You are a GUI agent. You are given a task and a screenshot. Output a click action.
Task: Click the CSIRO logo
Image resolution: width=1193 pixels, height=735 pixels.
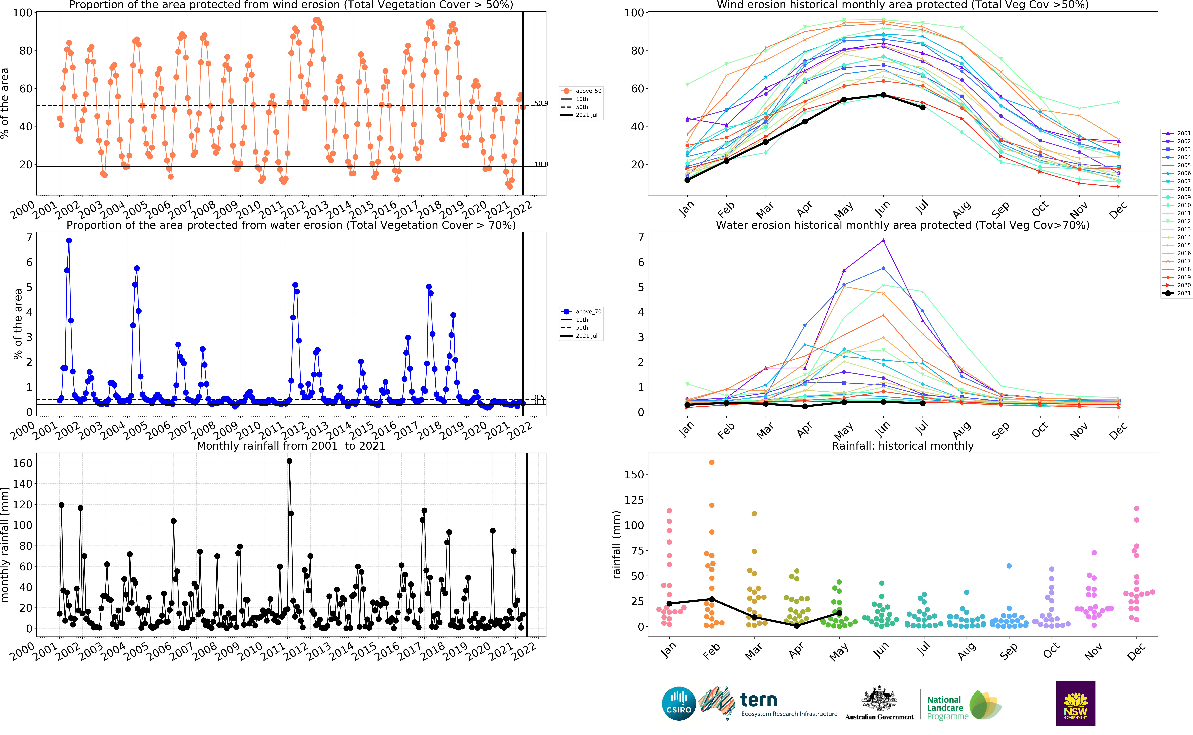pyautogui.click(x=679, y=703)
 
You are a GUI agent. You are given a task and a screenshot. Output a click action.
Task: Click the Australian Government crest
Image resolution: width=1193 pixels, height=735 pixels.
pyautogui.click(x=879, y=699)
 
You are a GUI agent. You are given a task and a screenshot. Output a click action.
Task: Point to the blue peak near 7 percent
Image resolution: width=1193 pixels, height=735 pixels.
pyautogui.click(x=69, y=241)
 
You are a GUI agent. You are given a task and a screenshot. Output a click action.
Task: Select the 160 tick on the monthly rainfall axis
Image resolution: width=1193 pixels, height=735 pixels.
pyautogui.click(x=22, y=463)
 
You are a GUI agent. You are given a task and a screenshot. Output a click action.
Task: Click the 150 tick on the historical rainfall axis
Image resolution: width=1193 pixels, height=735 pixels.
pyautogui.click(x=634, y=474)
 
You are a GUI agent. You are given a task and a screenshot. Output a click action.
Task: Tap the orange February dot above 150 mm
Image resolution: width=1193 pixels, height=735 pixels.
pyautogui.click(x=712, y=462)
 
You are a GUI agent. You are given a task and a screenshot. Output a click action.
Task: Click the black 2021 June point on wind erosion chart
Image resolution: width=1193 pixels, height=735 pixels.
pyautogui.click(x=883, y=95)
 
